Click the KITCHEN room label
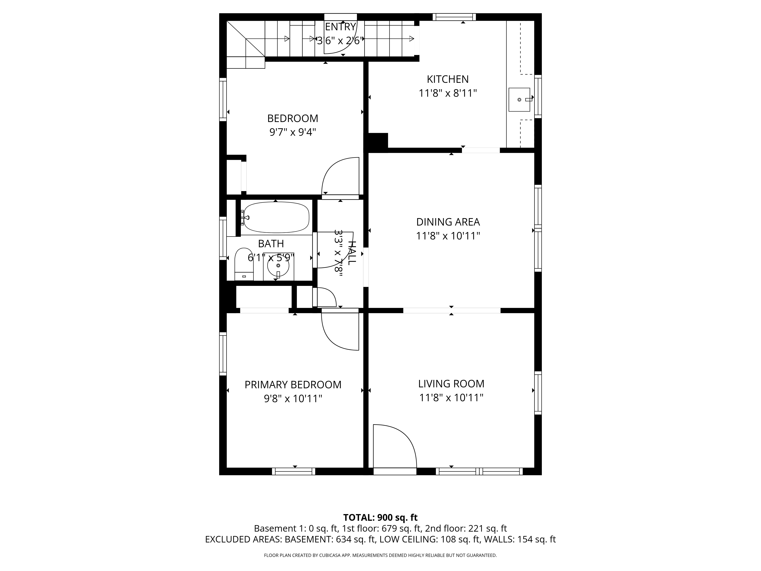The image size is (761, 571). pyautogui.click(x=448, y=79)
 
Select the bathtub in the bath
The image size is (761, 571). pyautogui.click(x=275, y=217)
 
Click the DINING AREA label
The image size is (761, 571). pyautogui.click(x=448, y=222)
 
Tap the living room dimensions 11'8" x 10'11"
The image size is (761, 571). pyautogui.click(x=451, y=398)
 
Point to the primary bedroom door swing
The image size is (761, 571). pyautogui.click(x=339, y=330)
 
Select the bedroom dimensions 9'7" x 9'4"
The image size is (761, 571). pyautogui.click(x=292, y=132)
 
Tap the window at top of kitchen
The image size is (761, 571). pyautogui.click(x=454, y=17)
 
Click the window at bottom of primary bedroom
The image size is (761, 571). pyautogui.click(x=293, y=471)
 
